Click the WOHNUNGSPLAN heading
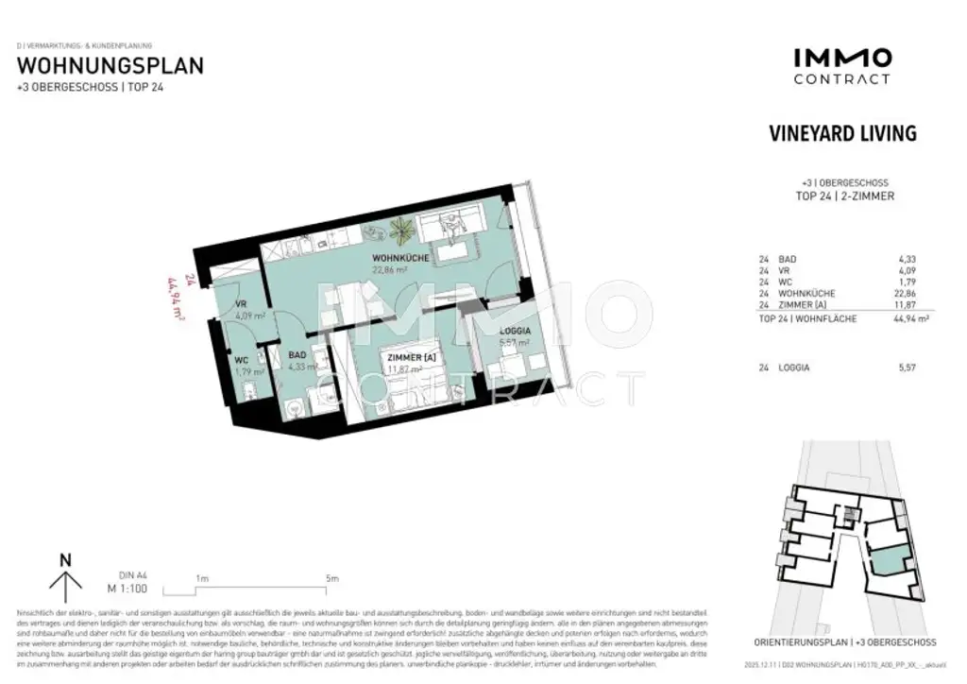pos(110,66)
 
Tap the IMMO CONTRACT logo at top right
pos(841,66)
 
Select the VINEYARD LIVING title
pos(843,133)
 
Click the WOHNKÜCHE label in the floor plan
pos(401,257)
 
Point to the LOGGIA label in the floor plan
pos(514,331)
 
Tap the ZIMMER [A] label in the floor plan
pos(408,357)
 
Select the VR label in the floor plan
pos(241,304)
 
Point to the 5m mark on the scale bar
pos(331,578)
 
